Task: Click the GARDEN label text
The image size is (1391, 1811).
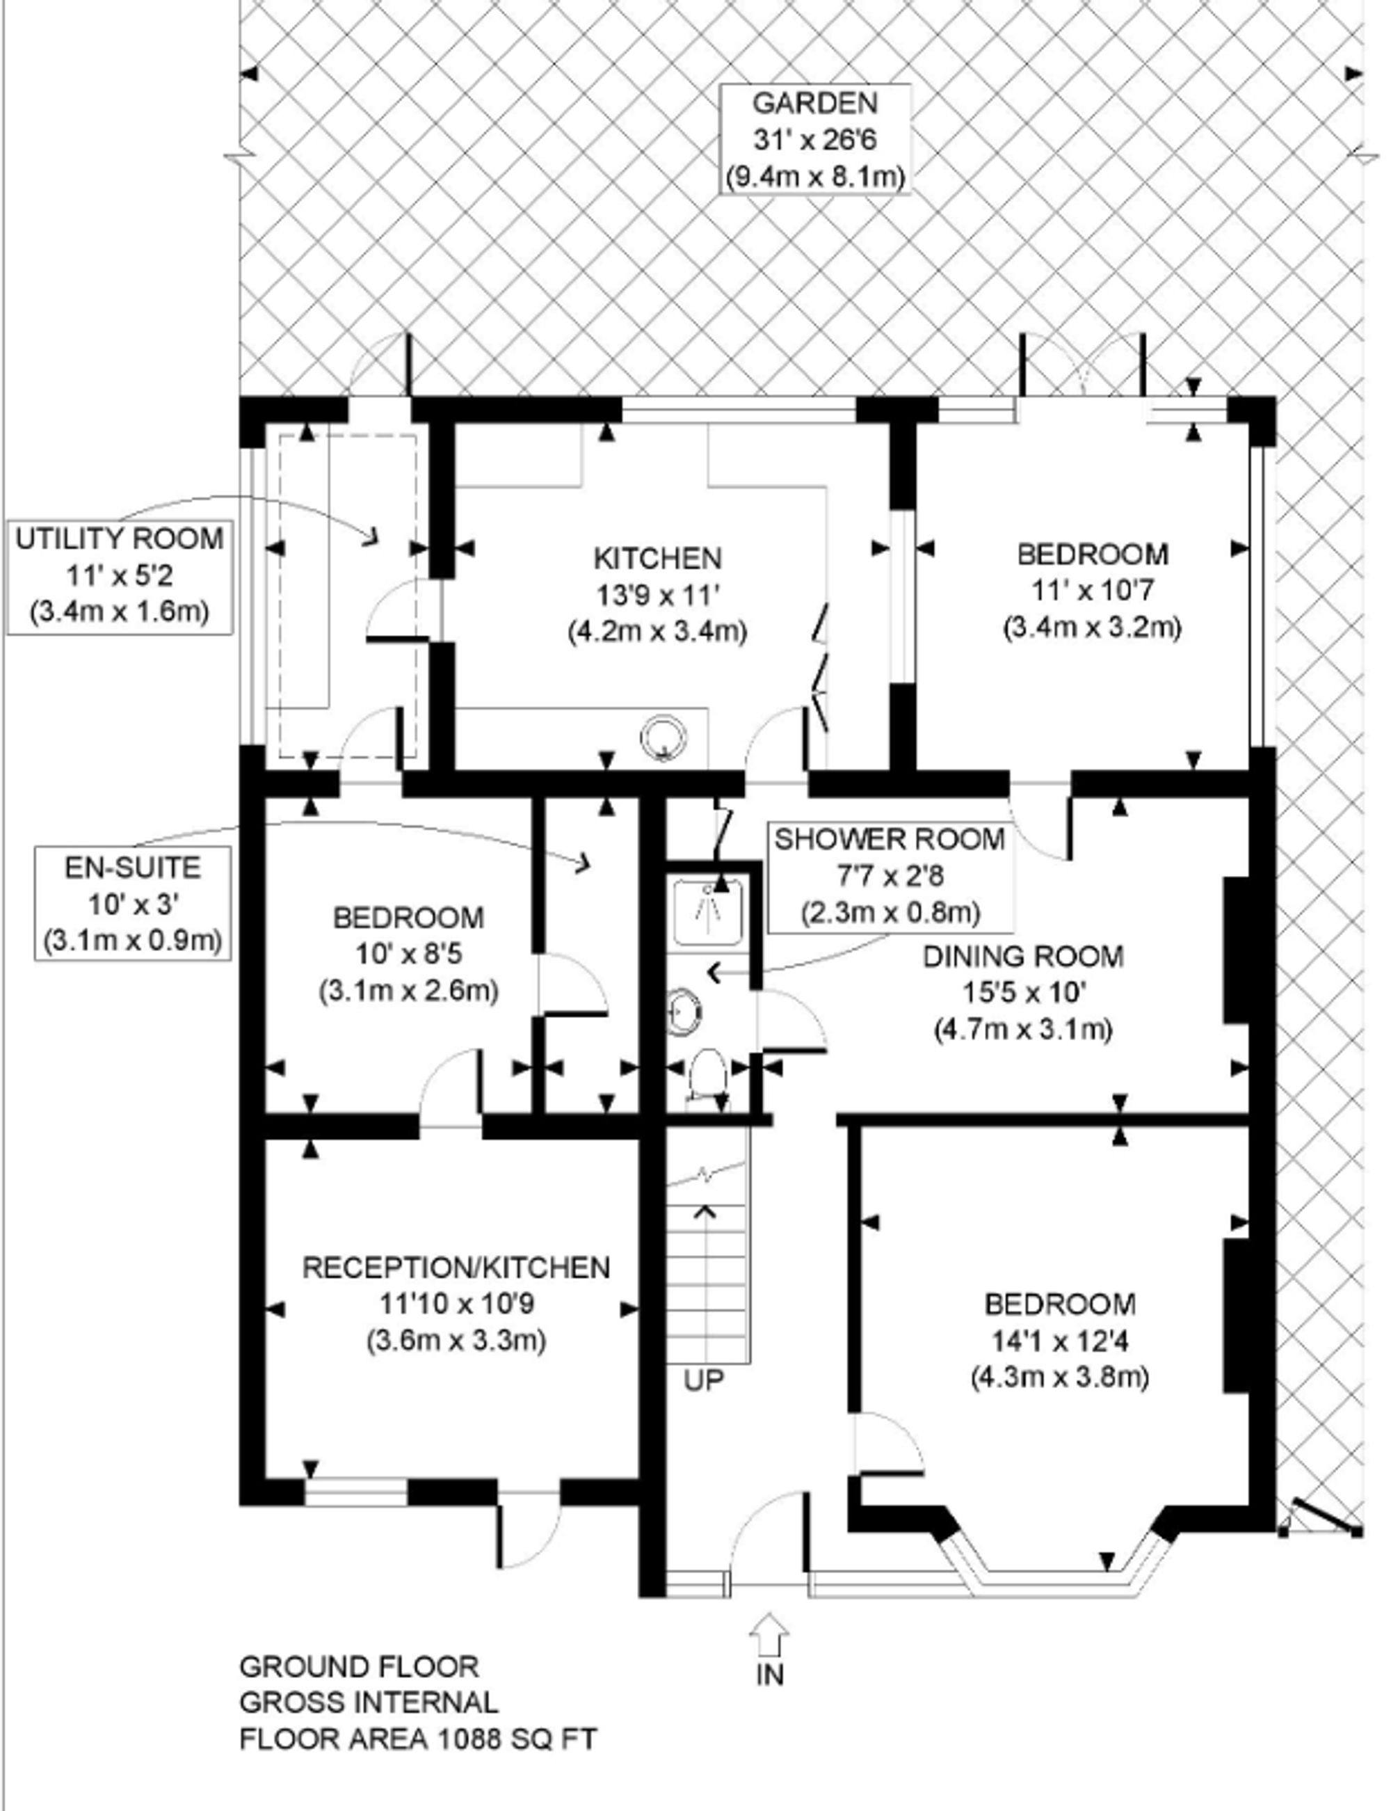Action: [x=814, y=104]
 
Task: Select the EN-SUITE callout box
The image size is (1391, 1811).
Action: [x=132, y=904]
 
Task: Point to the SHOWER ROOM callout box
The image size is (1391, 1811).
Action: [x=890, y=876]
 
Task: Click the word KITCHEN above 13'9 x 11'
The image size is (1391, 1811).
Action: [x=658, y=558]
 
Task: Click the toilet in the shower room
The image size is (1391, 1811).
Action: [x=707, y=1076]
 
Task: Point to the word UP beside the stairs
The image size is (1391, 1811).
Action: [x=705, y=1380]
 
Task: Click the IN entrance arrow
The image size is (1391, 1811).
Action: [x=769, y=1636]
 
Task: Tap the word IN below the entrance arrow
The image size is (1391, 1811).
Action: [x=770, y=1675]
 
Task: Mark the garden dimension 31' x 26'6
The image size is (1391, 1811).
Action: [x=814, y=140]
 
